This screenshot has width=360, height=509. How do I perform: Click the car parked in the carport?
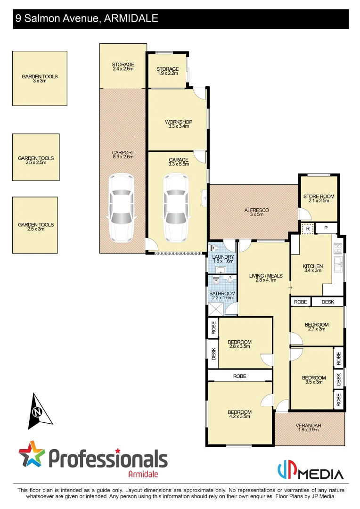coord(122,207)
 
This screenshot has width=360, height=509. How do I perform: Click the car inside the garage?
coord(176,207)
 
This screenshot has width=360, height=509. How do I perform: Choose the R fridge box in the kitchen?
coord(308,229)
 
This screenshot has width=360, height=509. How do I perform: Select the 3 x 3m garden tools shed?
coord(40,78)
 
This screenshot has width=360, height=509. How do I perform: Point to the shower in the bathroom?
coord(217,308)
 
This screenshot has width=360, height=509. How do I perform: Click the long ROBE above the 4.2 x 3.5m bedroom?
coord(239,376)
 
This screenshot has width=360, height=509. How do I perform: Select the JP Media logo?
coord(310,471)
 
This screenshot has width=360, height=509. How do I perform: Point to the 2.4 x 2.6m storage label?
coord(123,66)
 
